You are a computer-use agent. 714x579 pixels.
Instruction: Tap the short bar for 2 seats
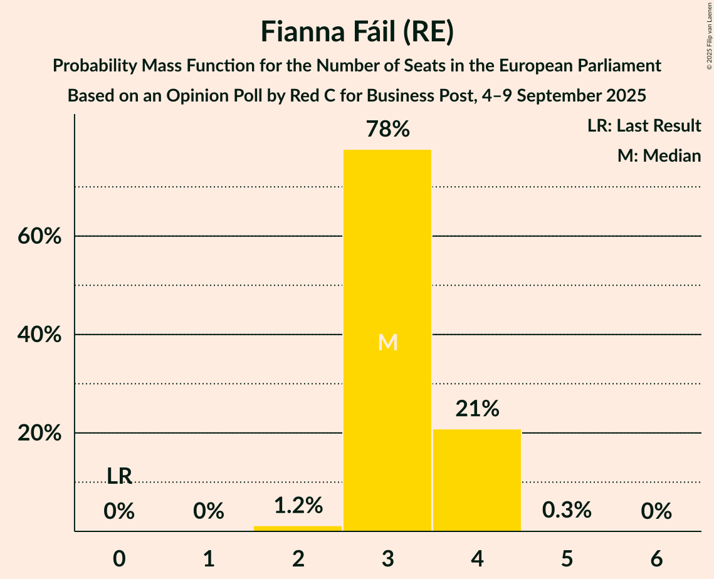(298, 528)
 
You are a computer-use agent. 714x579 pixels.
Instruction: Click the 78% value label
(387, 130)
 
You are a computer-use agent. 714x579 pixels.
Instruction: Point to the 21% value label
(477, 409)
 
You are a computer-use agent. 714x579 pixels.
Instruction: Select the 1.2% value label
(298, 505)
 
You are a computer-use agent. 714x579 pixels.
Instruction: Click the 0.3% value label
(567, 510)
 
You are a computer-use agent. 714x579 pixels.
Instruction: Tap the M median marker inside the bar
(387, 342)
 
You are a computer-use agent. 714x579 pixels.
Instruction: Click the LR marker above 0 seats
(119, 476)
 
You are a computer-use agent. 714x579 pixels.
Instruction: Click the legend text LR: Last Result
(644, 126)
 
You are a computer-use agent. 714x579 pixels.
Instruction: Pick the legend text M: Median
(659, 155)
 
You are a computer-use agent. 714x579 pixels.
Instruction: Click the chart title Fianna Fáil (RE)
(357, 32)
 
